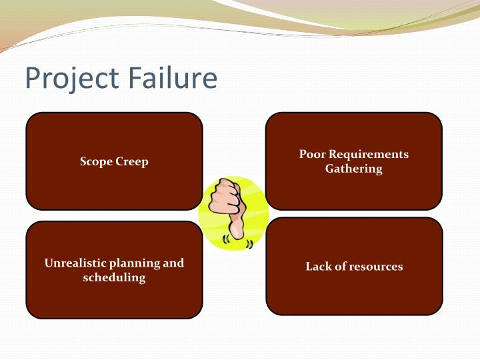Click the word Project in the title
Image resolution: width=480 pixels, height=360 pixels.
[x=65, y=79]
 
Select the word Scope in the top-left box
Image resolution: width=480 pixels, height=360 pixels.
[x=95, y=161]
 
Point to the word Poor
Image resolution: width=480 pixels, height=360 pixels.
[x=312, y=154]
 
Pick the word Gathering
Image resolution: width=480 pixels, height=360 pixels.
[x=354, y=169]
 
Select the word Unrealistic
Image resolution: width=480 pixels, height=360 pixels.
[x=74, y=263]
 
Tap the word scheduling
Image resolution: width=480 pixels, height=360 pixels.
[x=114, y=277]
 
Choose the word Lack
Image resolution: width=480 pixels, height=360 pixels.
[x=318, y=266]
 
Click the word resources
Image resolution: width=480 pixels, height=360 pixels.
[x=378, y=267]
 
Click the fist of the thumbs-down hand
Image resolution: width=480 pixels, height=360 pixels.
[x=224, y=199]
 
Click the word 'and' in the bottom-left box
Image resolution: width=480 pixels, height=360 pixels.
[x=173, y=263]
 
